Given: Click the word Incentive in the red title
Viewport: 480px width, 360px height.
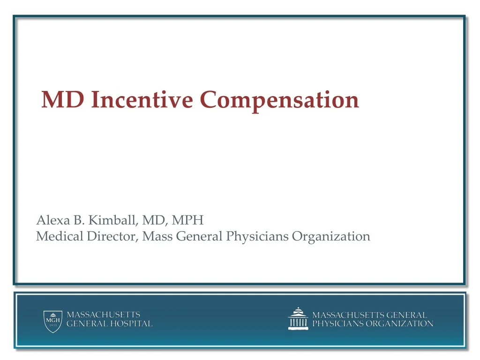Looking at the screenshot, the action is [x=142, y=99].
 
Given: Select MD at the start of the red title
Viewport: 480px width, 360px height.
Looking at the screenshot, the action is [x=63, y=99].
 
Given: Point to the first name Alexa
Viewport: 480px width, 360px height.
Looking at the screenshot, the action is [x=53, y=220].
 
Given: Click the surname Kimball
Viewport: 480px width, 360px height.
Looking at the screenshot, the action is [x=112, y=220].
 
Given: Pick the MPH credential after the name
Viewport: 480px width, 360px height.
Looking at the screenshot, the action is [x=187, y=220].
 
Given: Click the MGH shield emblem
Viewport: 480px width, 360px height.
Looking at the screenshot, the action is [x=53, y=322].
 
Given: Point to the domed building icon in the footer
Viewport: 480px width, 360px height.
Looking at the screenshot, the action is [x=298, y=319].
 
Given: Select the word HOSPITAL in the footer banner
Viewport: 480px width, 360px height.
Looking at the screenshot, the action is [x=131, y=323].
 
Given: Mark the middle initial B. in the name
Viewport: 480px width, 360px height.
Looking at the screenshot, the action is [x=79, y=220].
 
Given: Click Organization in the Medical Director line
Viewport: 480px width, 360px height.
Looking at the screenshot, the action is [x=331, y=237].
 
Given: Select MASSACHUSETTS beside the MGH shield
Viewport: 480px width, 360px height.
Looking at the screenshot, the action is [x=104, y=315].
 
